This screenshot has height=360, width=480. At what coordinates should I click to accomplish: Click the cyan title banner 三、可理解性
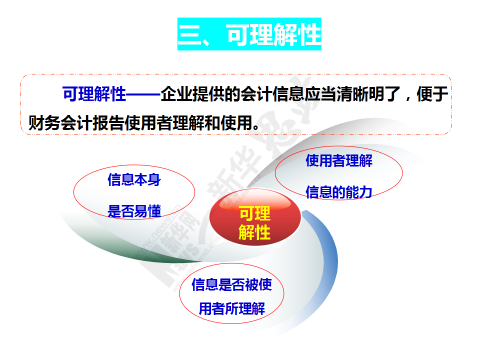249,34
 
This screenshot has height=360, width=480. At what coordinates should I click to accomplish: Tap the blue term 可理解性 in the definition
94,94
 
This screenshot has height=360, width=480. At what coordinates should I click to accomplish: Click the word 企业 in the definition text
176,94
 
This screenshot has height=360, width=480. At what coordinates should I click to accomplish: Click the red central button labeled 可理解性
255,217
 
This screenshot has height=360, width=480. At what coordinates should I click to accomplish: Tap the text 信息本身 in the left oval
134,179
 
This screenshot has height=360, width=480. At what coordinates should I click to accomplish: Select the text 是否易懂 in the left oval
134,211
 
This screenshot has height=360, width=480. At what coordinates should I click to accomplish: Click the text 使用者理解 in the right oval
339,160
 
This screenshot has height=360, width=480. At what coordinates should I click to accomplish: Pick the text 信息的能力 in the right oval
339,192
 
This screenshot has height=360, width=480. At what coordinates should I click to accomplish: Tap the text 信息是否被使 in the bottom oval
231,284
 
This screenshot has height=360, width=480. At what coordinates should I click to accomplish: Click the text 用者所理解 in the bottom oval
231,308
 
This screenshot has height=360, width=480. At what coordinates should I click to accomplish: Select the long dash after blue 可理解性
143,94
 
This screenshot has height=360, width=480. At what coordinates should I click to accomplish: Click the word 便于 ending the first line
432,94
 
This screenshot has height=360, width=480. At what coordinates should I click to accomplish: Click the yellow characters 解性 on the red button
254,232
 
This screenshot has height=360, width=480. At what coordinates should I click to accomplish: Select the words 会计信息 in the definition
272,94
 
